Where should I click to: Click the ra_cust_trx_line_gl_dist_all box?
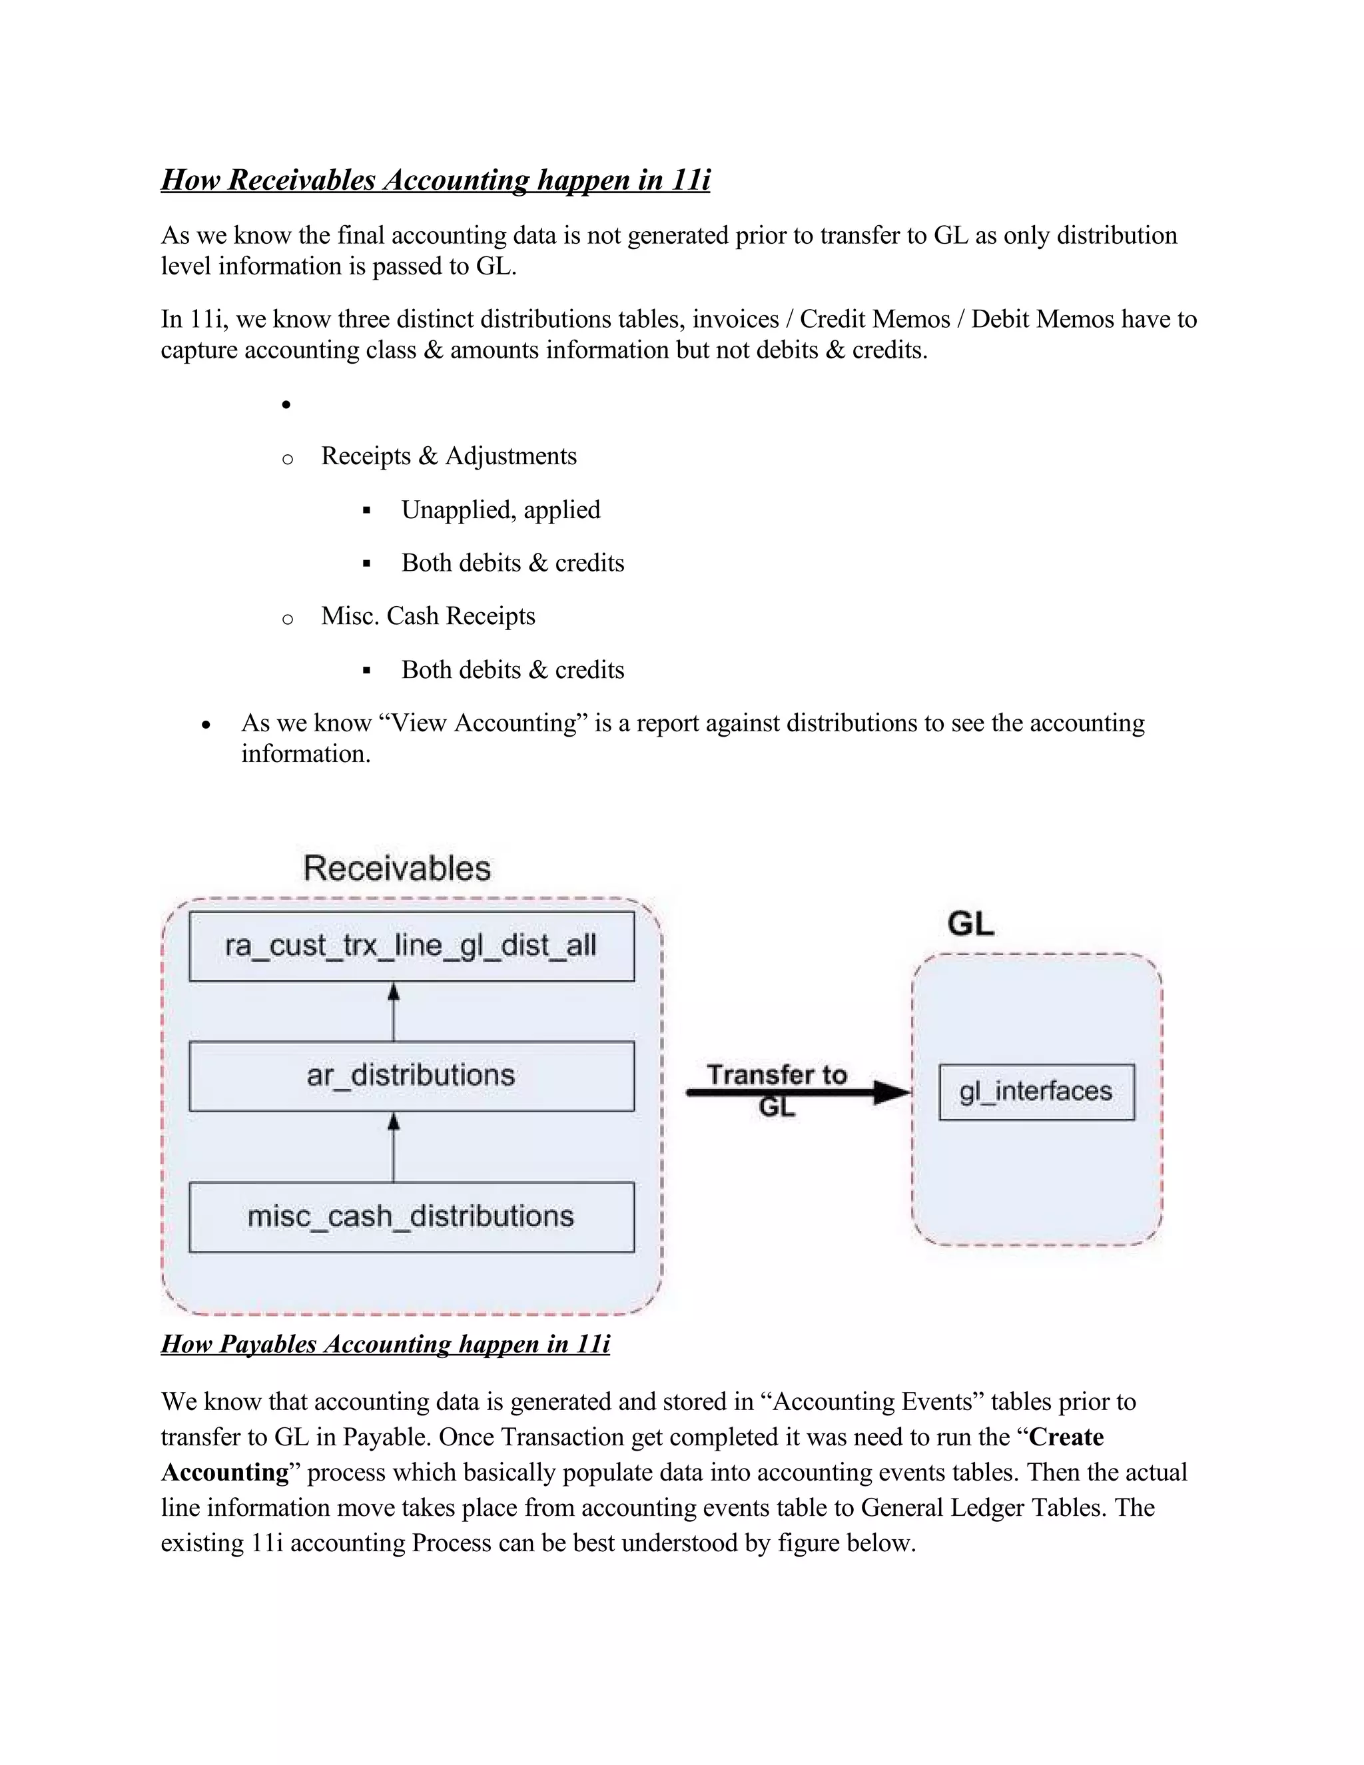[x=412, y=946]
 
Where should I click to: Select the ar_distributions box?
[x=412, y=1076]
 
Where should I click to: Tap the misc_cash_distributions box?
[x=412, y=1217]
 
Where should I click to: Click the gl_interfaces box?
[x=1036, y=1092]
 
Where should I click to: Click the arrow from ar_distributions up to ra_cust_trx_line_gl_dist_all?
[x=394, y=1011]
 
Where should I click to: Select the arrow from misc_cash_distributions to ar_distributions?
[x=394, y=1147]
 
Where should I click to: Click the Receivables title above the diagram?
[x=397, y=869]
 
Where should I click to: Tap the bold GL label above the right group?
[x=970, y=924]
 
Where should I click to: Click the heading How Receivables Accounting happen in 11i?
[x=436, y=179]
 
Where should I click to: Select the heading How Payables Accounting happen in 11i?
[x=386, y=1343]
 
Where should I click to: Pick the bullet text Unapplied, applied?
[x=500, y=510]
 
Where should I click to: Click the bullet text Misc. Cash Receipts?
[x=428, y=616]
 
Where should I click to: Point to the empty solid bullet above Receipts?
[x=286, y=404]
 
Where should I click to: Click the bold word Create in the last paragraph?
[x=1066, y=1437]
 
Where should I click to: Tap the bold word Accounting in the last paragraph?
[x=224, y=1473]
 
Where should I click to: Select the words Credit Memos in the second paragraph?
[x=874, y=319]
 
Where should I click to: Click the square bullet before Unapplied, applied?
[x=367, y=511]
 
